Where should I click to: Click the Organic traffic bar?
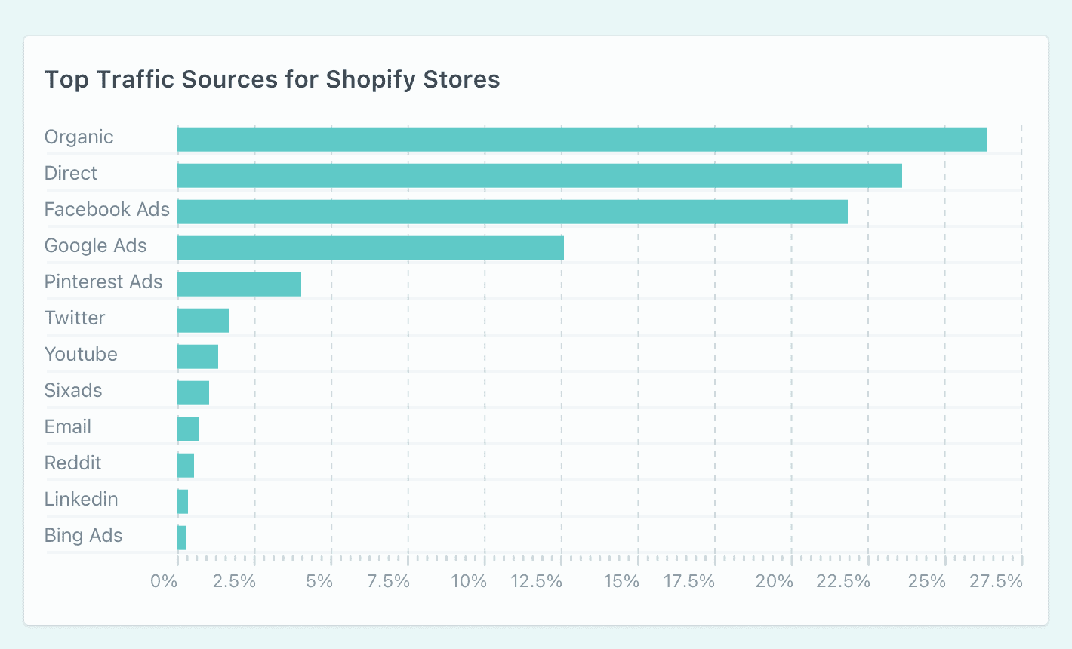tap(581, 140)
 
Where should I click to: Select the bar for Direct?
tap(539, 176)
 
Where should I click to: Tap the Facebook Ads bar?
tap(512, 212)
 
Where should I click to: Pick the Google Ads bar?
tap(370, 248)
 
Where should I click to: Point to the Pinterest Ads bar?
tap(239, 285)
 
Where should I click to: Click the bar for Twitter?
tap(202, 321)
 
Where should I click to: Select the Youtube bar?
tap(197, 357)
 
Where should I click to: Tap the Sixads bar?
tap(193, 393)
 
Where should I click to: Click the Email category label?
tap(68, 427)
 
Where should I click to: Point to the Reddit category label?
tap(72, 463)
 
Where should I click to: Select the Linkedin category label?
tap(81, 500)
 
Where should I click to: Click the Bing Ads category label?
tap(83, 536)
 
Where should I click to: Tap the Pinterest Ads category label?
tap(103, 282)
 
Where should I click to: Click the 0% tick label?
tap(164, 582)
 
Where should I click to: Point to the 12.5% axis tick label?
tap(536, 582)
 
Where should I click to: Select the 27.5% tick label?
tap(997, 582)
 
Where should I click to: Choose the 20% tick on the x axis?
tap(775, 582)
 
